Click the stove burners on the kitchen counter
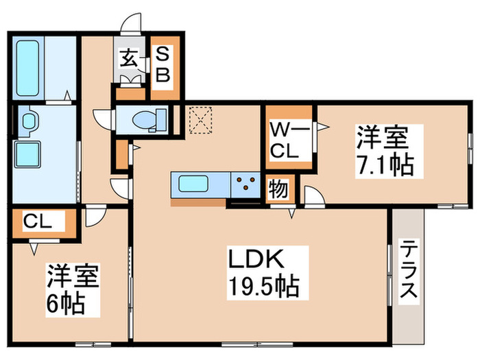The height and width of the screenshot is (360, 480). pyautogui.click(x=245, y=182)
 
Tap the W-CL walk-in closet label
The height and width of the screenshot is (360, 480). pyautogui.click(x=287, y=141)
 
